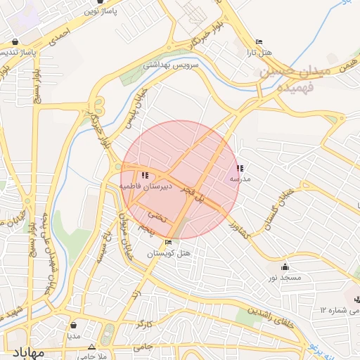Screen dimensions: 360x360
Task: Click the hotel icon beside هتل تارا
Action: click(x=259, y=42)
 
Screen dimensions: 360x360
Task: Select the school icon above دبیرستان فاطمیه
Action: click(x=145, y=175)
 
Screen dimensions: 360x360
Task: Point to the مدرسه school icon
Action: click(x=240, y=168)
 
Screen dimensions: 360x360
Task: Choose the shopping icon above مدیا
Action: click(x=75, y=326)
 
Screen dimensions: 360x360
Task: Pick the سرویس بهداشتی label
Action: click(x=172, y=65)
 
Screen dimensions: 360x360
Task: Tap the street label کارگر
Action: click(x=145, y=325)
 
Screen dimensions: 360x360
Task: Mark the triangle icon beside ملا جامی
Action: click(x=91, y=347)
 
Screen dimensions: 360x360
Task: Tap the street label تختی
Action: click(x=160, y=217)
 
